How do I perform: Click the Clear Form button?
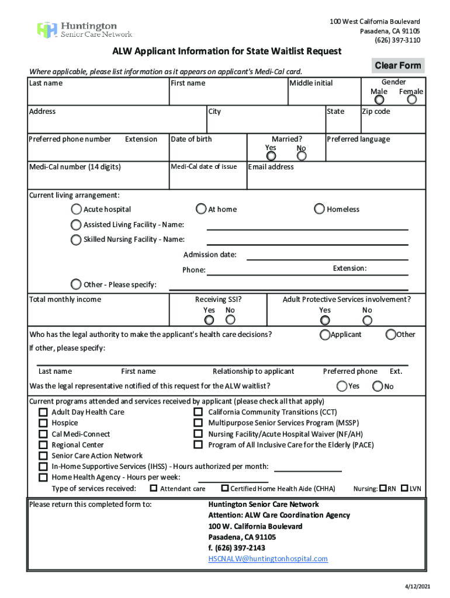click(397, 65)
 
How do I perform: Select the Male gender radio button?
click(379, 100)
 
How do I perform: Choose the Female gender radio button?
click(412, 100)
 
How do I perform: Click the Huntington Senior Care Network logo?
click(85, 30)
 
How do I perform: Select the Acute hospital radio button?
click(77, 209)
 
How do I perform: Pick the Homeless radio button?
click(320, 209)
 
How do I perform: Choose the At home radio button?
click(201, 209)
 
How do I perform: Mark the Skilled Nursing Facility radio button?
click(77, 239)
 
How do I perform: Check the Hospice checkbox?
click(43, 423)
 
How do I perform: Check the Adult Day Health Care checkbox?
click(43, 412)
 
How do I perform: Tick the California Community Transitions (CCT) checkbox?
click(198, 412)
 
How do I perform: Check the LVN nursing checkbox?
click(404, 488)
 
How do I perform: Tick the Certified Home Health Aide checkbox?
click(224, 488)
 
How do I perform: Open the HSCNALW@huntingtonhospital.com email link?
click(268, 559)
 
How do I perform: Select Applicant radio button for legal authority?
click(325, 335)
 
